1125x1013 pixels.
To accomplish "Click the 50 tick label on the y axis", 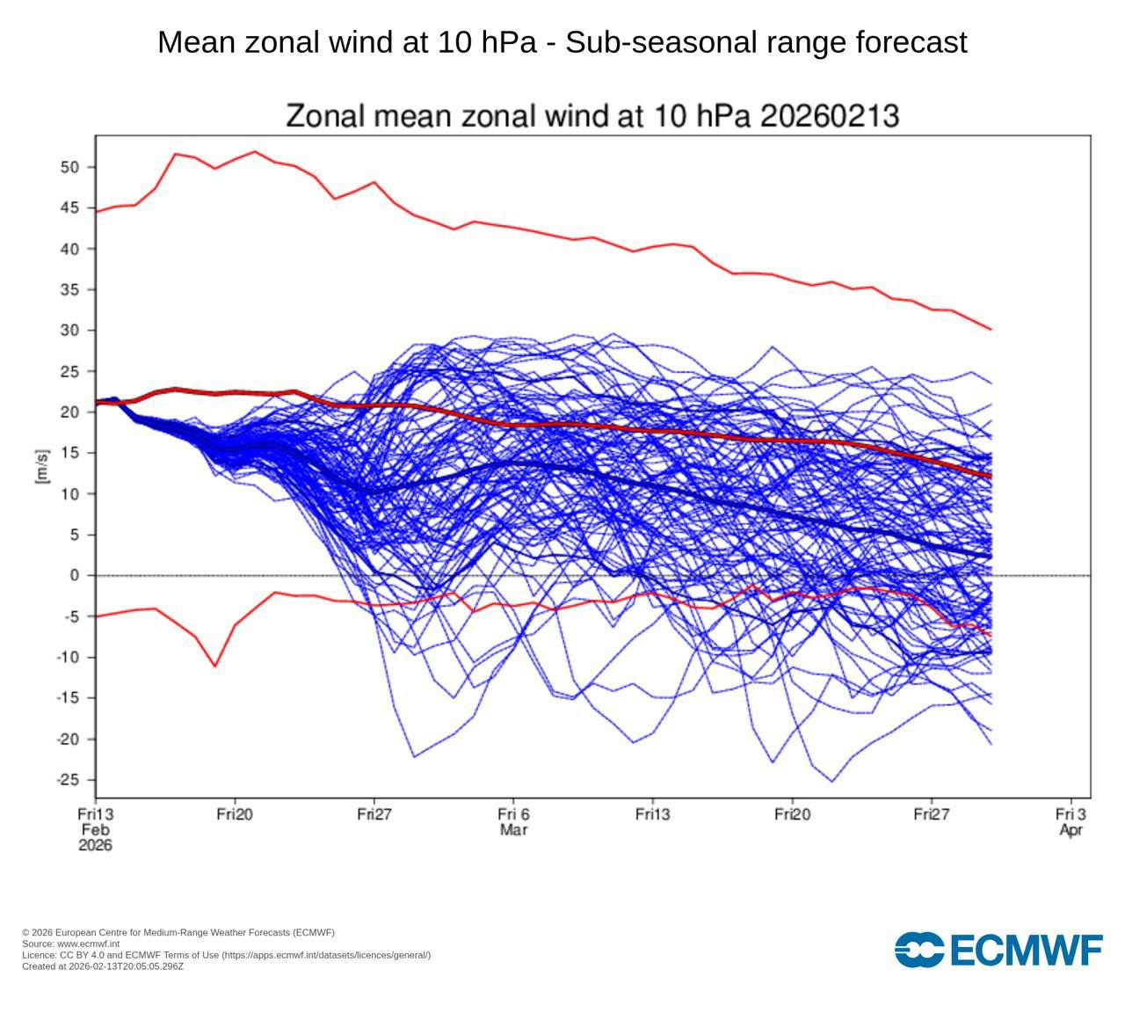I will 70,167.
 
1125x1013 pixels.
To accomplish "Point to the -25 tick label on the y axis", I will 68,780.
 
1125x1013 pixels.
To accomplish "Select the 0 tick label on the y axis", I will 75,576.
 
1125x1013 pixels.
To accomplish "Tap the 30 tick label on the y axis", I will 70,331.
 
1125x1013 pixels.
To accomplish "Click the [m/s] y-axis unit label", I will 41,466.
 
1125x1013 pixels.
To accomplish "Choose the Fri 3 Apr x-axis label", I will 1071,822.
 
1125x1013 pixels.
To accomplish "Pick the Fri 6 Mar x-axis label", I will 513,822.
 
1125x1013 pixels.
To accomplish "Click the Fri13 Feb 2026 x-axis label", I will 95,829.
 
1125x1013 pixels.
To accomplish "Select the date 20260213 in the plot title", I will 829,116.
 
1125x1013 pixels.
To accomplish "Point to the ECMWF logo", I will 998,950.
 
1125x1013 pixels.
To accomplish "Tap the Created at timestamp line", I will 103,966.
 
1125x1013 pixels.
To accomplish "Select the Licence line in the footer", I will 226,955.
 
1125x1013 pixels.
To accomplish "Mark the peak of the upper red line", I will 255,151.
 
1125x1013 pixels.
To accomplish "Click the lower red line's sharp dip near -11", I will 214,667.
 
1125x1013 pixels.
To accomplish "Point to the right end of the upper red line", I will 991,330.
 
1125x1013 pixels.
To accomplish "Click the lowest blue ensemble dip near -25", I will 832,782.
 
